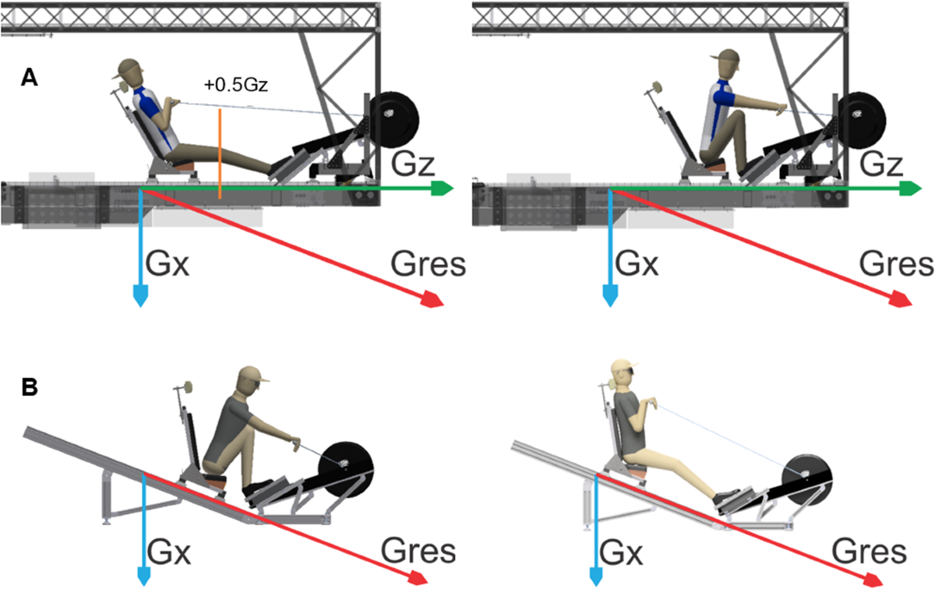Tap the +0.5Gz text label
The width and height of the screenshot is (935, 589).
(235, 86)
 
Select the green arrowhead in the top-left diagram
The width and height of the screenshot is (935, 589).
(443, 188)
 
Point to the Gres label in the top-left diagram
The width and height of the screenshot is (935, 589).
(428, 266)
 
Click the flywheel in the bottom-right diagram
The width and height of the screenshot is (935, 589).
(804, 471)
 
